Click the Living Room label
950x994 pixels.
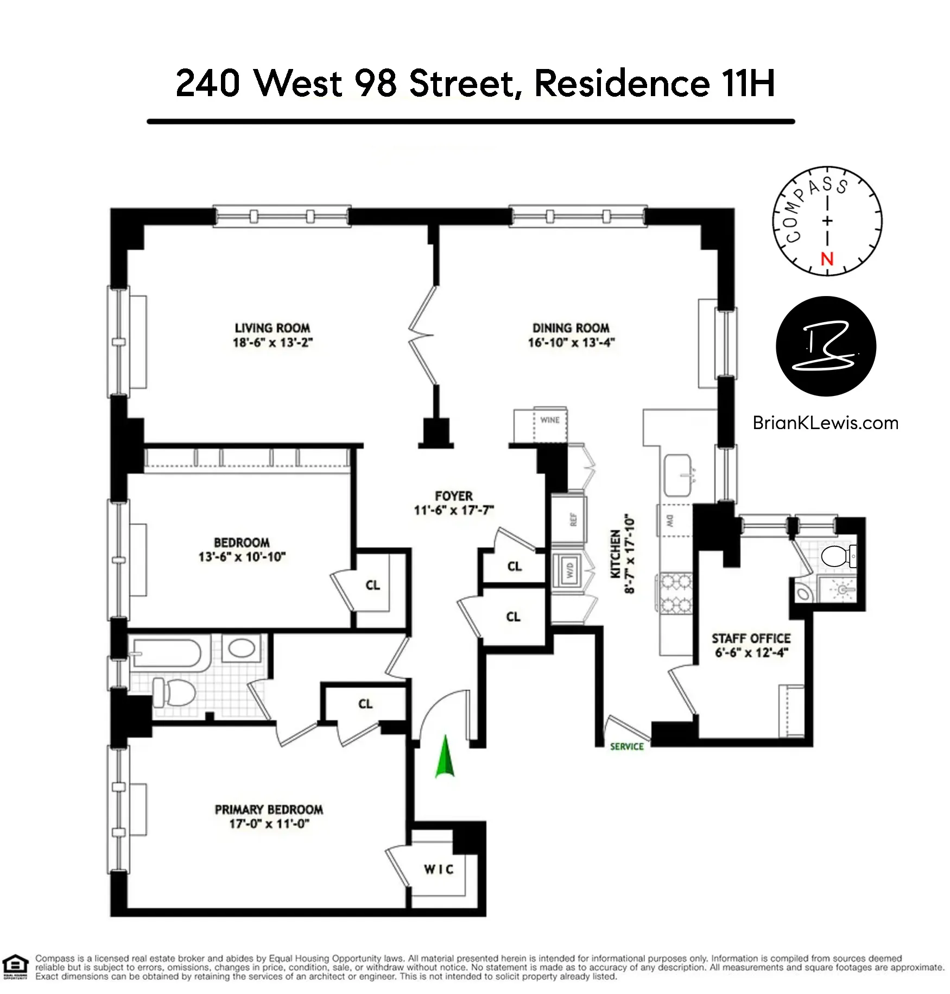tap(272, 328)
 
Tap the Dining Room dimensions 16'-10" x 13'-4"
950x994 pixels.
tap(571, 343)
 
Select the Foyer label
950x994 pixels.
tap(454, 496)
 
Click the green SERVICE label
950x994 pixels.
tap(627, 747)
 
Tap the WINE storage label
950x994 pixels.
tap(549, 420)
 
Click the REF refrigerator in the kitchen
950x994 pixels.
tap(573, 520)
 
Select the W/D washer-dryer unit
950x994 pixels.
tap(569, 570)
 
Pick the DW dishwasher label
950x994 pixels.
tap(669, 520)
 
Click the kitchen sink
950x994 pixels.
tap(678, 476)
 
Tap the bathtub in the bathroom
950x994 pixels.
tap(166, 653)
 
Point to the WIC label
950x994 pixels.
tap(439, 870)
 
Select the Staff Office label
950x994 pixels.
tap(751, 639)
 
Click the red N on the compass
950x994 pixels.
tap(827, 259)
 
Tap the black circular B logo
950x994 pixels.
tap(826, 347)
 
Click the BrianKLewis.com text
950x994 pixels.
tap(825, 423)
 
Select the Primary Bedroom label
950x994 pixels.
tap(269, 810)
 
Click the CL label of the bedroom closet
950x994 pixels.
tap(372, 585)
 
